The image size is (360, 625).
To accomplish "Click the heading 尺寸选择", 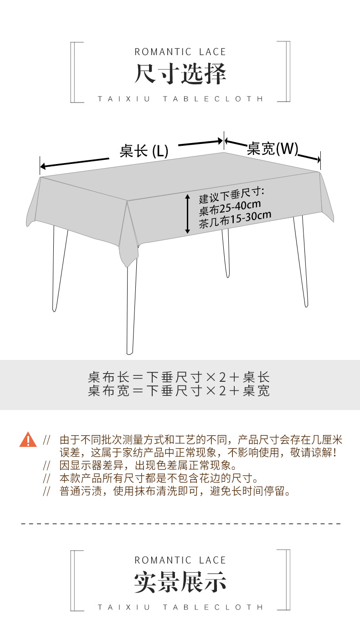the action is tap(180, 74).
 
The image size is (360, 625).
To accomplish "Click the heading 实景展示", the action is tap(180, 583).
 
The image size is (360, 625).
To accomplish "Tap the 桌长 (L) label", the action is tap(144, 151).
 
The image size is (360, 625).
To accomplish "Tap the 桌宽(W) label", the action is tap(272, 149).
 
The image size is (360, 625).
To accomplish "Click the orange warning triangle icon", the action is tap(28, 440).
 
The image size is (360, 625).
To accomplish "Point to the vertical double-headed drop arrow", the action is tap(187, 214).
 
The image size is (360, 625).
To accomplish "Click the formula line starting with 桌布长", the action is tap(179, 377).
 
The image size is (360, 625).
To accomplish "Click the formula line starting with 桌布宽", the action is tap(179, 390).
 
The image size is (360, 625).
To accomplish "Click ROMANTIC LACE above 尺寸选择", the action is tap(180, 52).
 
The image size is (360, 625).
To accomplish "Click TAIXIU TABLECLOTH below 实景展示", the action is tap(180, 607).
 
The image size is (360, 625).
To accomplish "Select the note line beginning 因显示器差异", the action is tap(148, 466).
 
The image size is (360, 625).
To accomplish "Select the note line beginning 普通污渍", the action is tap(175, 491).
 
